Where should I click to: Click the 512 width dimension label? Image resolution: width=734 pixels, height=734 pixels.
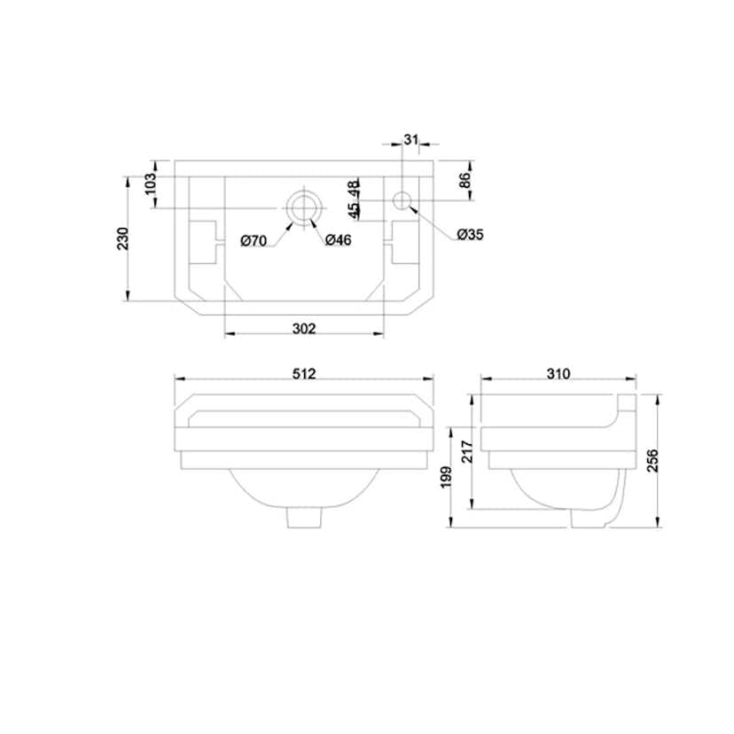[304, 373]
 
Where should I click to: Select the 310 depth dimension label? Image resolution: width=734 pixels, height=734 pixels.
[558, 373]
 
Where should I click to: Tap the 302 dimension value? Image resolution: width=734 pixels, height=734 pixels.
[304, 329]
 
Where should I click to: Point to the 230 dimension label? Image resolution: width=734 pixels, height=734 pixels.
[122, 238]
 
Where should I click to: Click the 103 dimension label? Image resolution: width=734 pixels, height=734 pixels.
[149, 184]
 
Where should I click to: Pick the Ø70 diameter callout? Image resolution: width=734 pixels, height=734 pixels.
[254, 241]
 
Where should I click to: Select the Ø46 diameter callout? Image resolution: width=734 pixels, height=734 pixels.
[338, 240]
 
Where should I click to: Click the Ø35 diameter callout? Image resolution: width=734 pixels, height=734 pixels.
[470, 234]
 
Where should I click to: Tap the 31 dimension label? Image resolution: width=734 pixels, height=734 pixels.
[410, 139]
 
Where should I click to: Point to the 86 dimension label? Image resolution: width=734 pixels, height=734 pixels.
[465, 180]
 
